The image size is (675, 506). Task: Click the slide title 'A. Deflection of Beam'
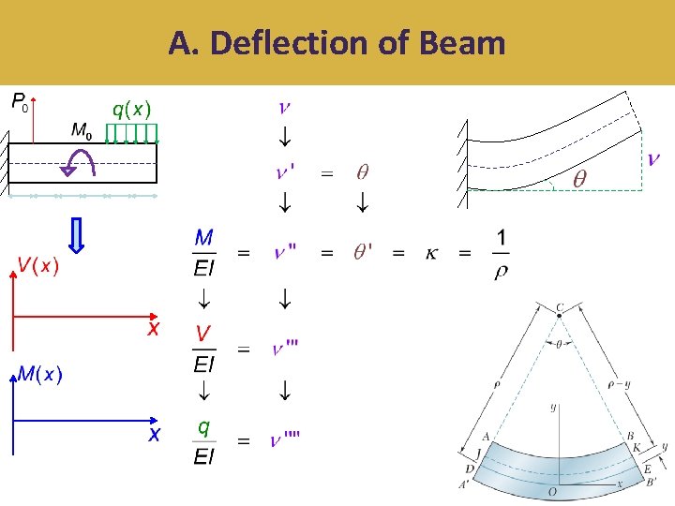(337, 43)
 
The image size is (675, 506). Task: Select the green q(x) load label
(132, 109)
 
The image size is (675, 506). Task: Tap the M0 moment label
(82, 130)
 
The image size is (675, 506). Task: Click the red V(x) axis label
(38, 266)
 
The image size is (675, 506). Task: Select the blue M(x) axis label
(40, 375)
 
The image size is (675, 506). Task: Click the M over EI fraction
(204, 252)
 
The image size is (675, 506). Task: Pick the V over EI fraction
(204, 349)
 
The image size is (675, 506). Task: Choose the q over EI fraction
(203, 441)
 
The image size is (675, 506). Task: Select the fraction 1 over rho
(501, 254)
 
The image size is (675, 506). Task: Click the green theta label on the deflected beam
(579, 178)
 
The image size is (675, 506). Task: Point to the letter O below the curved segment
(553, 491)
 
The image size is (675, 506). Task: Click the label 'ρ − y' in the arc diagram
(620, 383)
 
